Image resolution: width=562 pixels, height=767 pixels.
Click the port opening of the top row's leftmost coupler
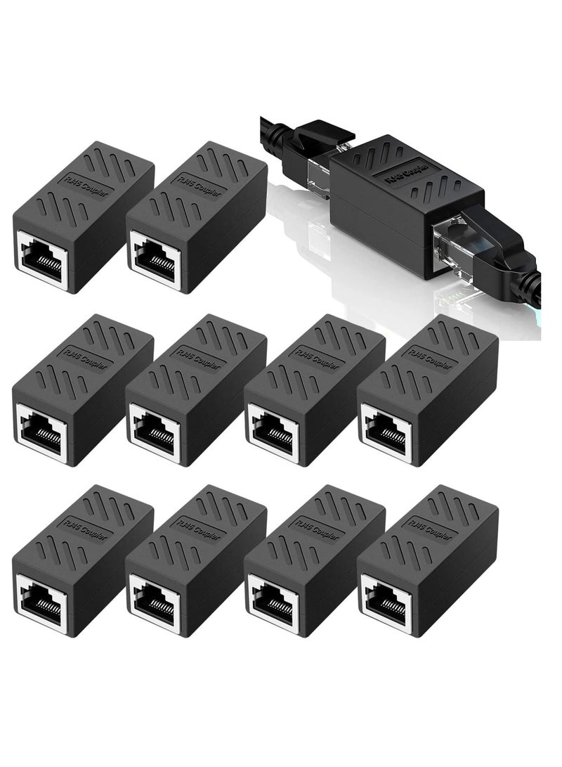coord(41,259)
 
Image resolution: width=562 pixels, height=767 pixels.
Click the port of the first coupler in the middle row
coord(41,431)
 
